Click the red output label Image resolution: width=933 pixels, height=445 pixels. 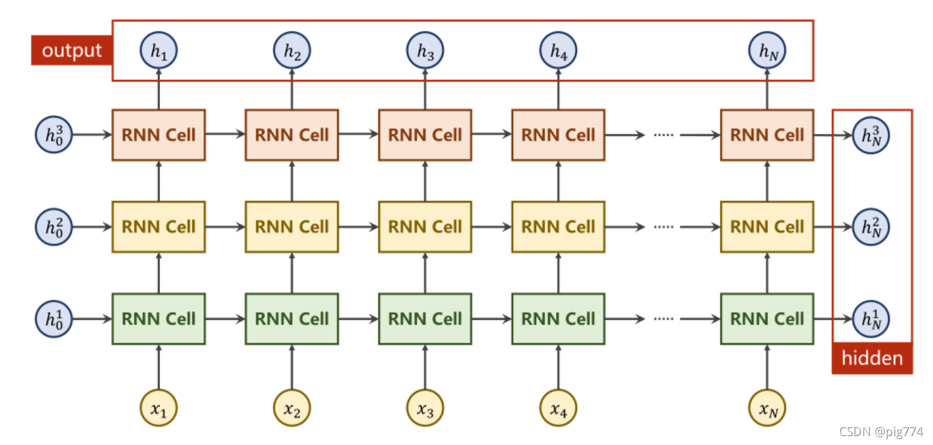click(72, 51)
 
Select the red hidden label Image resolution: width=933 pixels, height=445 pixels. click(872, 358)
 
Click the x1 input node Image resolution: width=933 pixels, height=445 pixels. click(158, 407)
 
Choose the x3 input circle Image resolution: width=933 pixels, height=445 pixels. click(425, 407)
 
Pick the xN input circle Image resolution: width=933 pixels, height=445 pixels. click(767, 407)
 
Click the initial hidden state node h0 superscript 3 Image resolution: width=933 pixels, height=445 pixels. click(54, 135)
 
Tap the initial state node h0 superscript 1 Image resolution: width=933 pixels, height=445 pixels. click(54, 318)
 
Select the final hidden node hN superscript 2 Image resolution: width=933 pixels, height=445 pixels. click(871, 227)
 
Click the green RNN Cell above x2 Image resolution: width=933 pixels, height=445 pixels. click(292, 318)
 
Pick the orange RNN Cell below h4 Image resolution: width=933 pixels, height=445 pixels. click(558, 135)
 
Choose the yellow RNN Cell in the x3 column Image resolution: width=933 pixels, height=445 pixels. click(425, 227)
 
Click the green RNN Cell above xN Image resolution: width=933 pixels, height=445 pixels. click(767, 318)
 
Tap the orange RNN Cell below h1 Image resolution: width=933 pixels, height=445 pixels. click(158, 135)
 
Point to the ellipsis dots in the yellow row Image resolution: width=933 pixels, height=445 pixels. click(662, 228)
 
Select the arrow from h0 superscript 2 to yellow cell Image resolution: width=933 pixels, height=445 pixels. click(92, 227)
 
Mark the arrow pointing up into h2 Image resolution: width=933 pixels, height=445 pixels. click(292, 89)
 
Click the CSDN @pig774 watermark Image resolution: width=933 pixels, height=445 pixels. click(881, 432)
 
